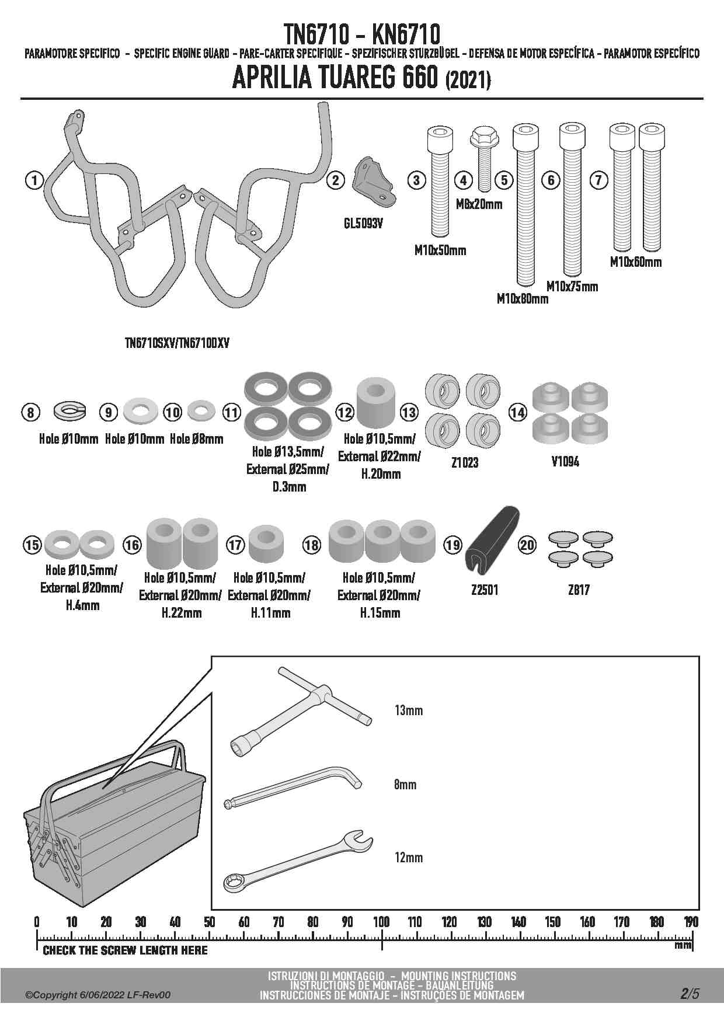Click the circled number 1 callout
point(34,180)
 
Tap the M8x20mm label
point(479,204)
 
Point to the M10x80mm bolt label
point(523,299)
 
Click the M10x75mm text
point(572,286)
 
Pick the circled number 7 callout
point(598,180)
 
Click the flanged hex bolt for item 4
point(483,157)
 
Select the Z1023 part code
point(465,462)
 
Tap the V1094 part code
point(565,462)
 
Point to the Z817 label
point(579,590)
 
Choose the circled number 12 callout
point(345,413)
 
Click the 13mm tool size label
point(409,710)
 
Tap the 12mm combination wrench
point(298,862)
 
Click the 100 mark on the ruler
point(381,922)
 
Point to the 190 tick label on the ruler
point(691,922)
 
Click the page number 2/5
point(689,994)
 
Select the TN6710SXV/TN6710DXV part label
point(177,343)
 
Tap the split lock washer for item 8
point(69,412)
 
